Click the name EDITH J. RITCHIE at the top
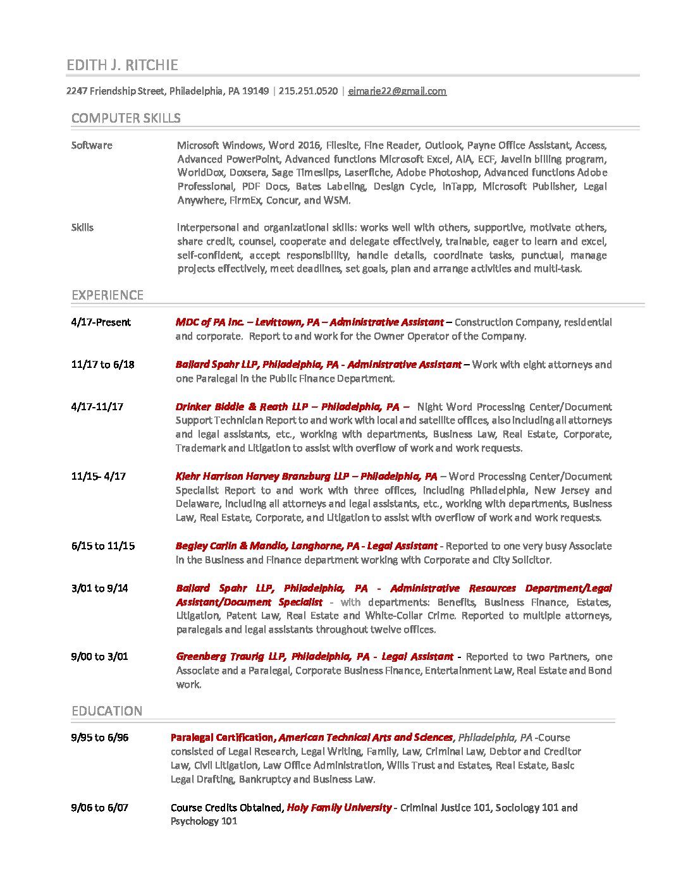click(x=122, y=65)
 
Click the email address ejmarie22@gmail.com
click(x=397, y=91)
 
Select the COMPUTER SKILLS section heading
click(x=126, y=118)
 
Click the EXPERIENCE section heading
click(x=107, y=295)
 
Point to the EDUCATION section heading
click(x=107, y=711)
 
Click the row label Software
click(x=92, y=145)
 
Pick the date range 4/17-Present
click(x=101, y=322)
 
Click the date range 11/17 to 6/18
click(x=103, y=365)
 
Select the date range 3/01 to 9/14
click(x=100, y=588)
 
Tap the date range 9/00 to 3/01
click(x=100, y=657)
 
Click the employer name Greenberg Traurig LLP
click(x=231, y=657)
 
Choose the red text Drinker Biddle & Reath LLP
click(x=242, y=407)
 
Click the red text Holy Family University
click(x=339, y=808)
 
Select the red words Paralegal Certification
click(x=222, y=738)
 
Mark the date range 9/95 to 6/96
click(x=100, y=738)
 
